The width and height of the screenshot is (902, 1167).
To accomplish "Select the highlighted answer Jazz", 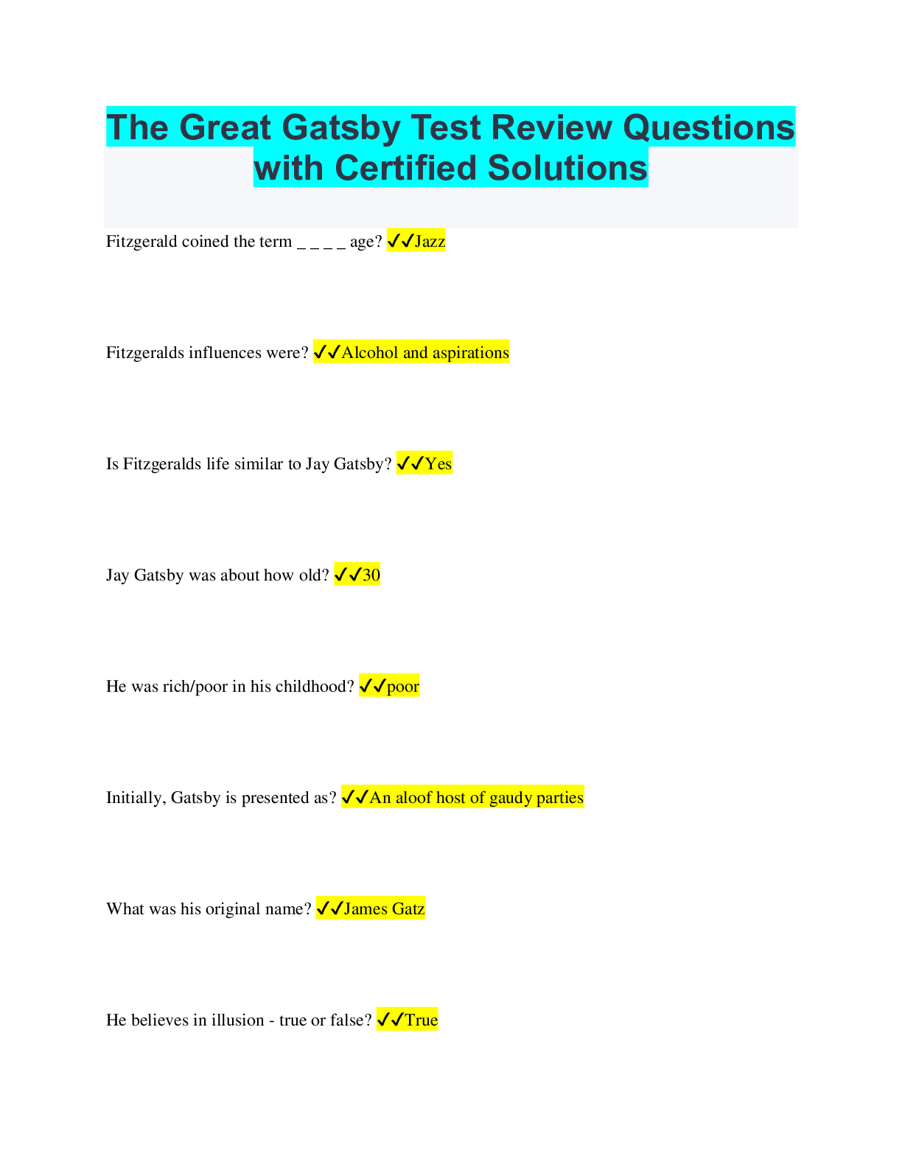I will click(430, 242).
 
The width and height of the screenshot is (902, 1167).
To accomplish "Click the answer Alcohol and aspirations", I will click(425, 353).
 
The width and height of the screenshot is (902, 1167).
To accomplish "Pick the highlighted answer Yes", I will click(438, 464).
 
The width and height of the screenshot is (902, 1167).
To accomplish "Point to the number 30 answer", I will click(371, 575).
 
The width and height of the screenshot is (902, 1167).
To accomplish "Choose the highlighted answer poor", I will click(403, 687).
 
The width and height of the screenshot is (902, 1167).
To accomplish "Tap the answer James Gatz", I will click(385, 909).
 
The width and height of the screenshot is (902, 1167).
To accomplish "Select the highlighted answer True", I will click(422, 1020).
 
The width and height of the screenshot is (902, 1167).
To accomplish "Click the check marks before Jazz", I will click(400, 242).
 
